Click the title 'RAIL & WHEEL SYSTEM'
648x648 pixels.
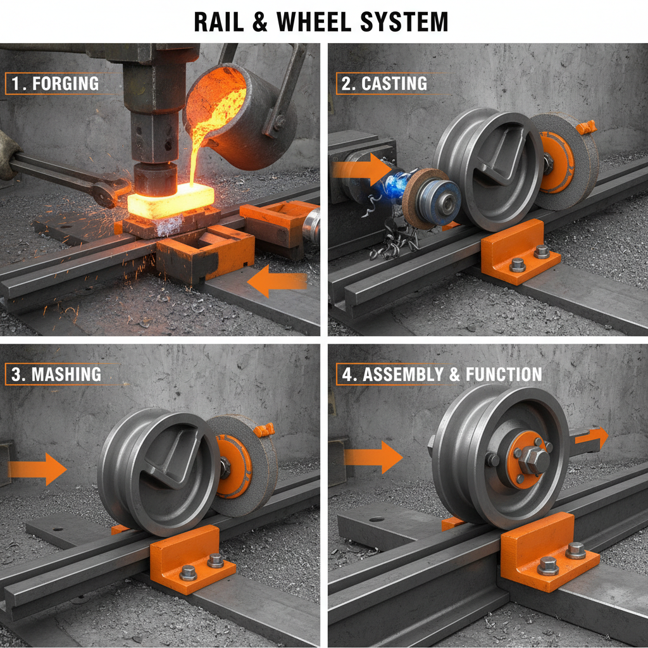point(321,22)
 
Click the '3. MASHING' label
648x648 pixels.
point(58,374)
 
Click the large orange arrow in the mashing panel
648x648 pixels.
point(38,469)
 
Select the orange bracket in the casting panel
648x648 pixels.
point(519,252)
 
